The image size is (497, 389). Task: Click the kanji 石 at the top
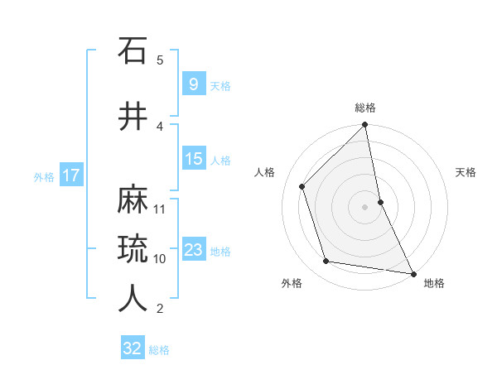[x=133, y=51]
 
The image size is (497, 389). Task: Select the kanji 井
[x=133, y=117]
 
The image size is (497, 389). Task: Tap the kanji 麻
[x=133, y=200]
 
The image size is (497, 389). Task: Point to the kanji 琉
[x=133, y=248]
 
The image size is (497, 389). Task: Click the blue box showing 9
[x=193, y=84]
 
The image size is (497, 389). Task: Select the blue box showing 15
[x=193, y=159]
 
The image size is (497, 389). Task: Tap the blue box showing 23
[x=193, y=250]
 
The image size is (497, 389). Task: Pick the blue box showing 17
[x=71, y=175]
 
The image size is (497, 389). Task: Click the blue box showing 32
[x=133, y=348]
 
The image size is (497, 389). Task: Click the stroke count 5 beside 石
[x=160, y=60]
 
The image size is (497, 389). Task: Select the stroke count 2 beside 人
[x=160, y=309]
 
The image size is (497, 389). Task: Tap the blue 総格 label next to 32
[x=159, y=350]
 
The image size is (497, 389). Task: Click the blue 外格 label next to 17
[x=43, y=176]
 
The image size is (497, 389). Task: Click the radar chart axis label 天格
[x=466, y=172]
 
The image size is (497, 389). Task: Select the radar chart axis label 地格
[x=434, y=283]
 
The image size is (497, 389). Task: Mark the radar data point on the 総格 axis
[x=365, y=125]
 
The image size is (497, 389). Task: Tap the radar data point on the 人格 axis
[x=302, y=186]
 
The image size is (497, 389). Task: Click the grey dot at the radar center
[x=365, y=207]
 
